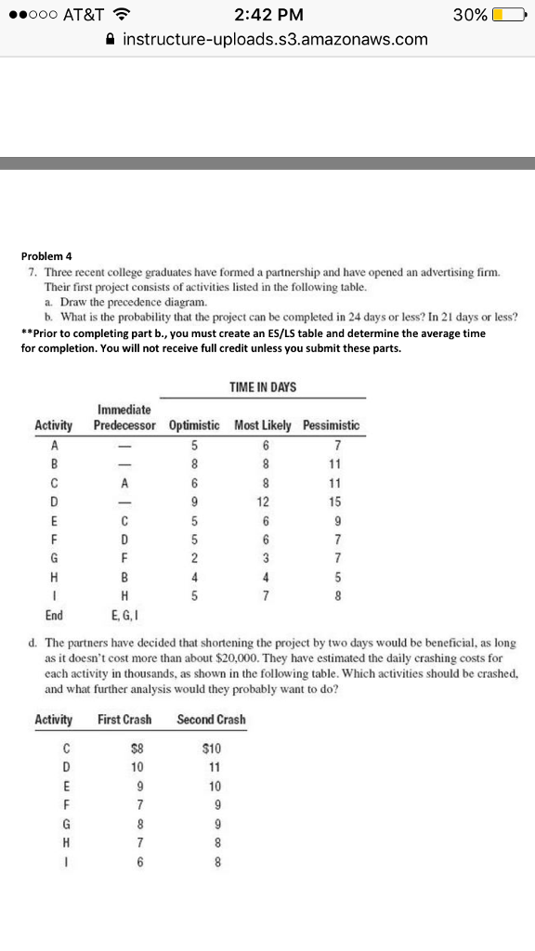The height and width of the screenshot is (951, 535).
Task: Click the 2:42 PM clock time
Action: point(267,15)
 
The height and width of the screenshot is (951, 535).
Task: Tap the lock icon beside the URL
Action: point(111,40)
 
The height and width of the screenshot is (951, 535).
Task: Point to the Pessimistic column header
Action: point(331,425)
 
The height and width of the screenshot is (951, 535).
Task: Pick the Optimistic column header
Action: point(194,425)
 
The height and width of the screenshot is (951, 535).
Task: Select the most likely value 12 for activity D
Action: point(263,502)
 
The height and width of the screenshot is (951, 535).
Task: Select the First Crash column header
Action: point(124,720)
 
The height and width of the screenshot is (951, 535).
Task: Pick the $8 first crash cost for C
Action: point(137,749)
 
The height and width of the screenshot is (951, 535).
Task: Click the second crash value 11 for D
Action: point(215,767)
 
